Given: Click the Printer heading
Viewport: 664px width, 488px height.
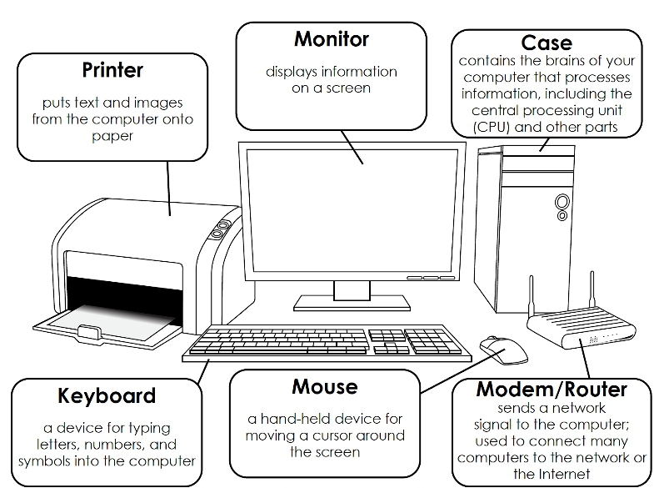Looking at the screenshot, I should click(112, 68).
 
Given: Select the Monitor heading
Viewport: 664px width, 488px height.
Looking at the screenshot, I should click(331, 39).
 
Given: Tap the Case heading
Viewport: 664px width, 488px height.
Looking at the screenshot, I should click(547, 43).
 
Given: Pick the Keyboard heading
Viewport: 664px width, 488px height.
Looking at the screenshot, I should click(107, 395).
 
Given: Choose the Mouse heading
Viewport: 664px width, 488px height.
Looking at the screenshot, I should click(325, 387).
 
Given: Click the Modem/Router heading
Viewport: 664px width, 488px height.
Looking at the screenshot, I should click(552, 390).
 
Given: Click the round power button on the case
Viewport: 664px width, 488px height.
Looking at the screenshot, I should click(563, 201).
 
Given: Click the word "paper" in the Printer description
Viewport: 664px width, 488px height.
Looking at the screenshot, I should click(112, 136).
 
